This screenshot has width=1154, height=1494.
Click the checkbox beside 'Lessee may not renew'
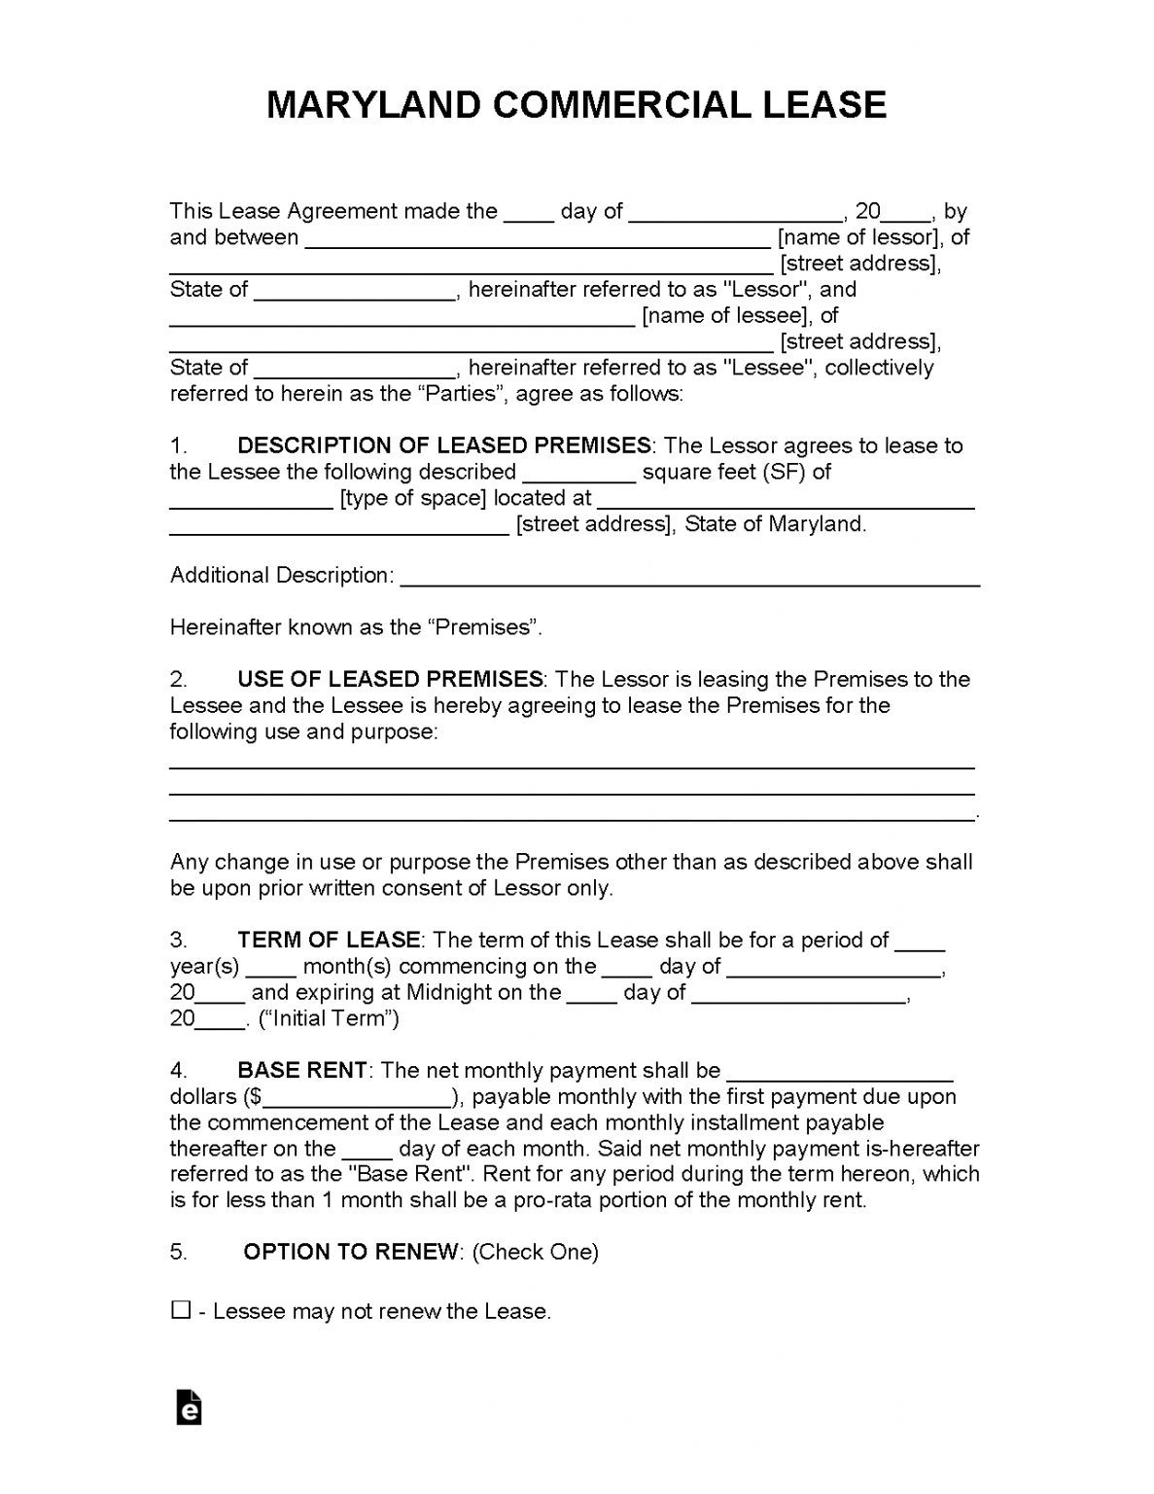click(181, 1310)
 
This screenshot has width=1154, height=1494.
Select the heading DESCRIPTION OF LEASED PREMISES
click(443, 445)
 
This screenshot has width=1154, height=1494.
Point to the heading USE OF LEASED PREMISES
click(389, 679)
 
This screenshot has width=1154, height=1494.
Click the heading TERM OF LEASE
click(329, 940)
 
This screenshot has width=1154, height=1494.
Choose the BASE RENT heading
click(301, 1070)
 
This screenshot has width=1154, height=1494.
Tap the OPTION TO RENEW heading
click(350, 1252)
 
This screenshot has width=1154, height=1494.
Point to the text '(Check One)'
click(535, 1252)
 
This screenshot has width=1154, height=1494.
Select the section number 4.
click(178, 1070)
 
